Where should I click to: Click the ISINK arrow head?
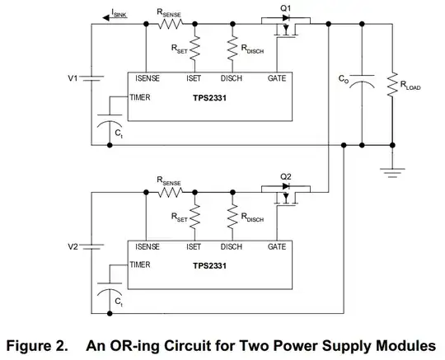(106, 18)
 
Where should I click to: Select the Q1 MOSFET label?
(285, 8)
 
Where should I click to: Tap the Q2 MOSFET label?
(285, 177)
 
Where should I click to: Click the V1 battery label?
(73, 77)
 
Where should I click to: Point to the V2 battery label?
(73, 246)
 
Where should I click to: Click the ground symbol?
(392, 173)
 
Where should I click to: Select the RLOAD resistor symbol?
(392, 85)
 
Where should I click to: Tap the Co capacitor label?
(344, 78)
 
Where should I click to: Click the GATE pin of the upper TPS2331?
(277, 78)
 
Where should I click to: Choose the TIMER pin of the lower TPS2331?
(140, 264)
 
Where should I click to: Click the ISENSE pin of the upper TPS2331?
(148, 78)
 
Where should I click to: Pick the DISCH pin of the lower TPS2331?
(232, 246)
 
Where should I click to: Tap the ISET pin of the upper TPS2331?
(194, 78)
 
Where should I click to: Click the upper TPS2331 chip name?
(210, 98)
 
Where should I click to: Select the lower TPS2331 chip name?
(210, 266)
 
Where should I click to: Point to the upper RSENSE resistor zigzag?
(171, 24)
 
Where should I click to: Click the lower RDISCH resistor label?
(252, 217)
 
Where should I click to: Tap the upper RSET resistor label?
(180, 49)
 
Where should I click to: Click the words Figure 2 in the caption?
(37, 345)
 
